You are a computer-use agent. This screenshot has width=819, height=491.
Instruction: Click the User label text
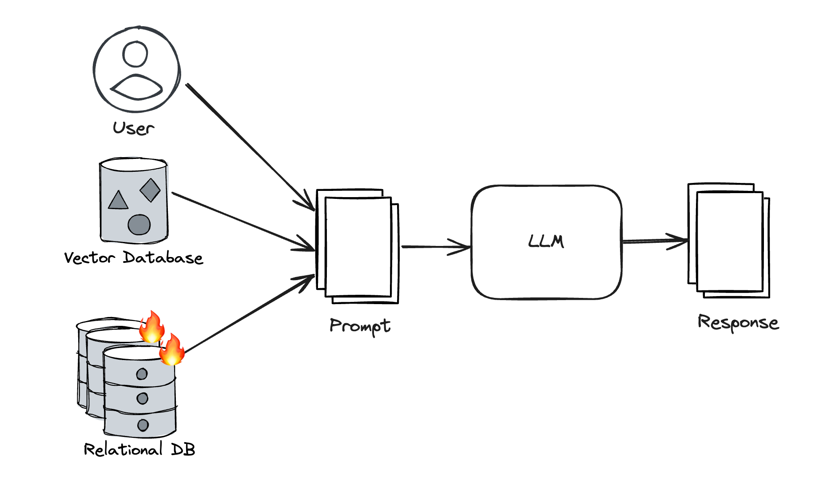(133, 128)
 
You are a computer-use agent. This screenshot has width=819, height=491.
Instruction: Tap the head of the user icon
(135, 54)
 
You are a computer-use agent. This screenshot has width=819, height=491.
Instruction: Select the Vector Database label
(133, 258)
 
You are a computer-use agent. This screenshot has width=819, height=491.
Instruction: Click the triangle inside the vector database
(118, 201)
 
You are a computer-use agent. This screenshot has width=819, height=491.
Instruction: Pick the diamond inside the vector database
(150, 190)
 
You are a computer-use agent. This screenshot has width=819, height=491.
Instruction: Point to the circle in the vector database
(139, 224)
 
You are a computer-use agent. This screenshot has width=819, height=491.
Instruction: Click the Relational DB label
(139, 450)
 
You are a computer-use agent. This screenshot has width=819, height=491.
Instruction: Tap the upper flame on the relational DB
(152, 327)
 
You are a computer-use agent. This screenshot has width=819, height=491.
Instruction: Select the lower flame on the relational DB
(172, 350)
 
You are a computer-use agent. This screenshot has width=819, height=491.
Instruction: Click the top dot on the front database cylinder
(142, 374)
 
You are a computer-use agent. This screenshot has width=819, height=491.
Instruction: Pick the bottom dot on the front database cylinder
(143, 425)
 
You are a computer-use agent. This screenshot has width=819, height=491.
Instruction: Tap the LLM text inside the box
(546, 242)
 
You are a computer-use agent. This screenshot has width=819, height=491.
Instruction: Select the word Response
(738, 323)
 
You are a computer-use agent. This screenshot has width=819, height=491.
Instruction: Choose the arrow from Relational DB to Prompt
(249, 314)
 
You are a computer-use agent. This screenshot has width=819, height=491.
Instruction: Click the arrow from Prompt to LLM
(435, 246)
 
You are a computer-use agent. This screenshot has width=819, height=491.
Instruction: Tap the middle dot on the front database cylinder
(143, 399)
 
